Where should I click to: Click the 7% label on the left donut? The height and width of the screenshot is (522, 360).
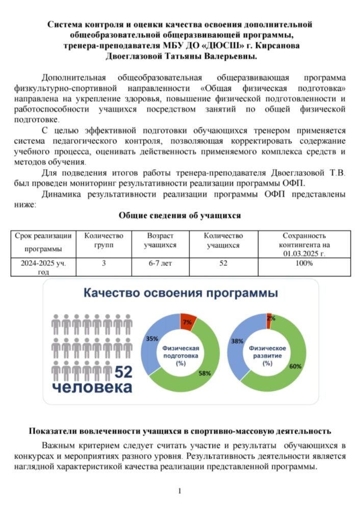pyautogui.click(x=188, y=322)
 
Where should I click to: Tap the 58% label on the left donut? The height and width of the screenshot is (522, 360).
pyautogui.click(x=205, y=373)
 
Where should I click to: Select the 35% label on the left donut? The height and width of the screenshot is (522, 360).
pyautogui.click(x=152, y=338)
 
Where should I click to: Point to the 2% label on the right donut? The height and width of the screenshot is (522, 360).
pyautogui.click(x=271, y=318)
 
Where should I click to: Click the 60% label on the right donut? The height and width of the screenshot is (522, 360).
pyautogui.click(x=295, y=366)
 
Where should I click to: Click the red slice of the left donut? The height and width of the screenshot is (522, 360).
pyautogui.click(x=188, y=319)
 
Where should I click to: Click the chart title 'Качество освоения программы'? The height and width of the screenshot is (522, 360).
pyautogui.click(x=181, y=294)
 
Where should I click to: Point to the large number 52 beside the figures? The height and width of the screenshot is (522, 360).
pyautogui.click(x=123, y=372)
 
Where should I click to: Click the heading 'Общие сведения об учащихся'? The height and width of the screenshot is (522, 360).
pyautogui.click(x=179, y=216)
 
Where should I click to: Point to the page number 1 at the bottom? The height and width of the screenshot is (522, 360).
pyautogui.click(x=179, y=491)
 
